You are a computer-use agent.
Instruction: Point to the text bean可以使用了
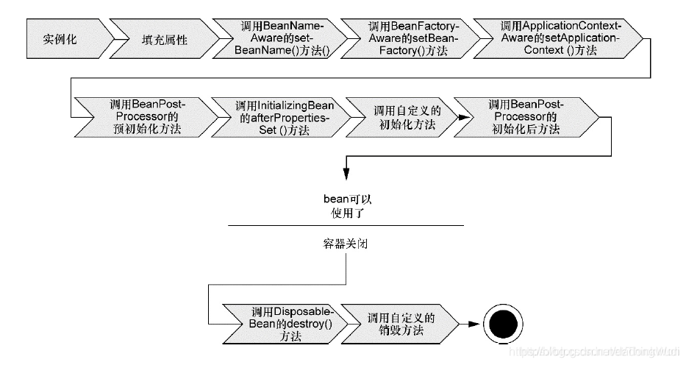(346, 206)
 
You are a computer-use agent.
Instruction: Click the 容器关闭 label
(346, 244)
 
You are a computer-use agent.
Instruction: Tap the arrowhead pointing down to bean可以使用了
(346, 175)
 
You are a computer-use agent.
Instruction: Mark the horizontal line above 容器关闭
(346, 225)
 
